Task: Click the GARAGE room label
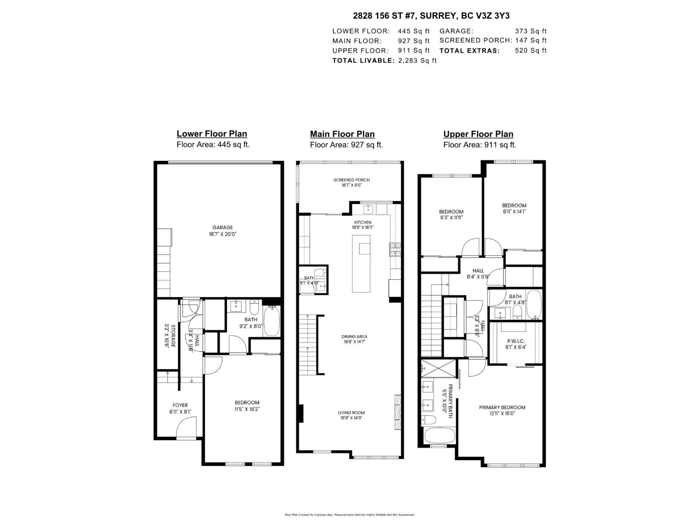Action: click(223, 228)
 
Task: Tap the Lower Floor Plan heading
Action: click(212, 134)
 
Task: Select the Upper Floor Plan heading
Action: click(478, 134)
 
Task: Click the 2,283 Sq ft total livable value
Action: click(417, 61)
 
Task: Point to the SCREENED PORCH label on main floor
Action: click(352, 180)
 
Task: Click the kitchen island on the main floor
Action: click(361, 264)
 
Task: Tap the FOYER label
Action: click(180, 405)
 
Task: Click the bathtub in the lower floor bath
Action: click(272, 321)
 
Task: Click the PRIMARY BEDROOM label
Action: click(502, 408)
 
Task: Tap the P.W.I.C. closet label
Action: click(516, 341)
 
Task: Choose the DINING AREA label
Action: click(354, 336)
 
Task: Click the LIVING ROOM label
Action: click(351, 413)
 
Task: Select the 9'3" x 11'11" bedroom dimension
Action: click(451, 217)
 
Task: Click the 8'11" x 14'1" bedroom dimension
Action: click(514, 211)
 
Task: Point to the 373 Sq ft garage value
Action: click(531, 31)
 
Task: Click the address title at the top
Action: click(431, 16)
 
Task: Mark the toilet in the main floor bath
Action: click(319, 273)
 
